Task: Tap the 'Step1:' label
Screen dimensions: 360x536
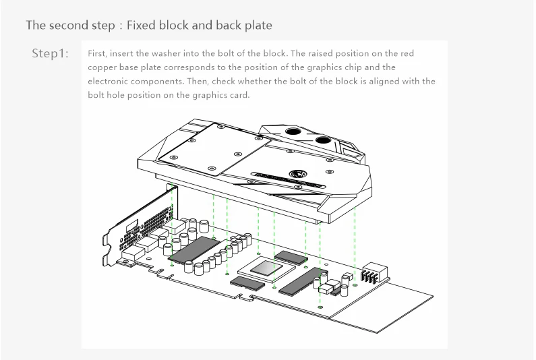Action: (51, 53)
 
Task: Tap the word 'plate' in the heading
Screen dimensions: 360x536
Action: (258, 26)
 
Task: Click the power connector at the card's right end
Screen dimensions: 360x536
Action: (371, 274)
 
